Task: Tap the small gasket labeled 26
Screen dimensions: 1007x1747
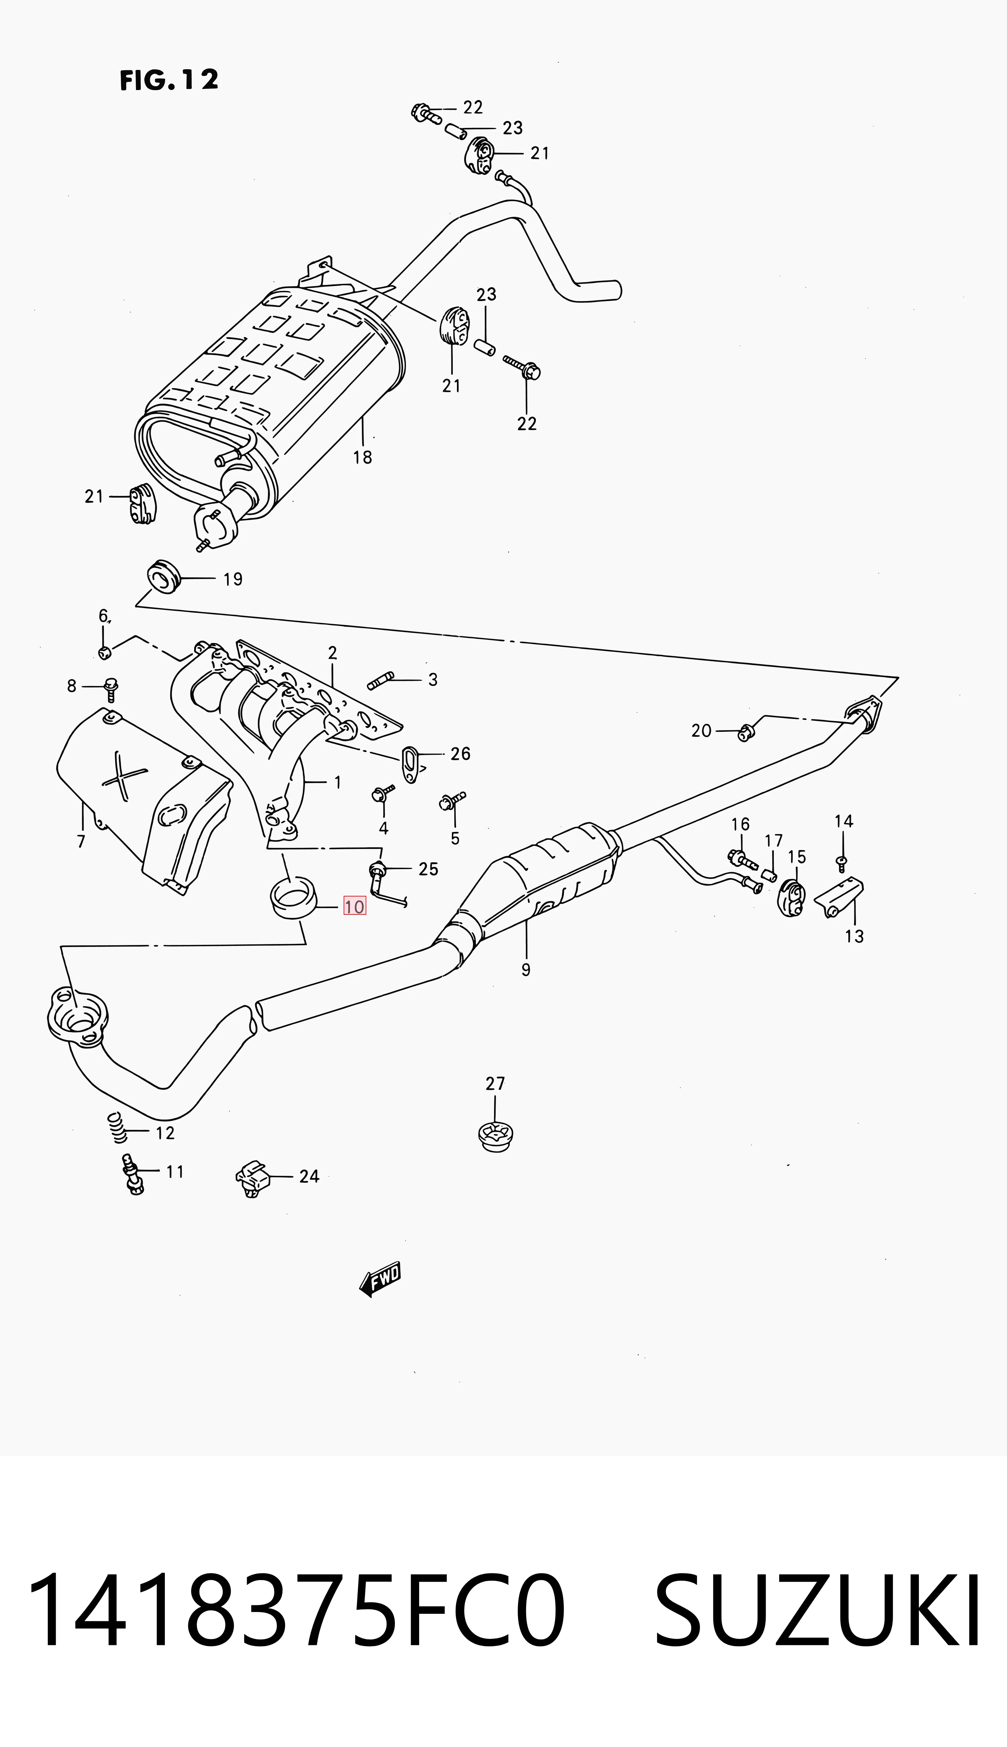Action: pyautogui.click(x=413, y=763)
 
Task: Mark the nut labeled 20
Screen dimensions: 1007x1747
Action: pyautogui.click(x=745, y=732)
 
